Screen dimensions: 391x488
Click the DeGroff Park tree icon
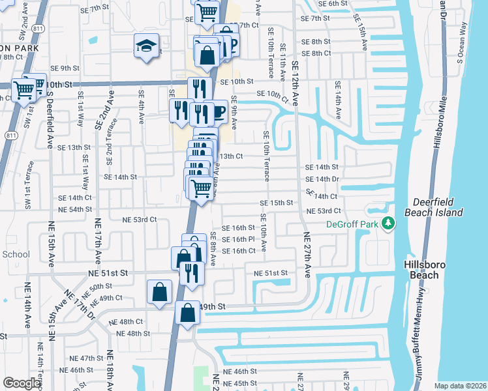(x=389, y=224)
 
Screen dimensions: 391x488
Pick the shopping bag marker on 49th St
(x=187, y=313)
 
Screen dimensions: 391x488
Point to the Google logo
(x=22, y=383)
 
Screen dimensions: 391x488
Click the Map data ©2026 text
(x=460, y=386)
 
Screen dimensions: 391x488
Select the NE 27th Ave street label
(x=305, y=254)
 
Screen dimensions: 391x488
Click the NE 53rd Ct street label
(x=324, y=211)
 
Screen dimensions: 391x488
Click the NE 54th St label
(x=75, y=209)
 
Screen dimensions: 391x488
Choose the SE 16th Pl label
(x=237, y=239)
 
